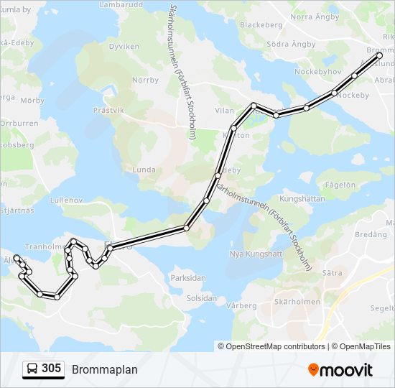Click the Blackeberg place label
(x=261, y=24)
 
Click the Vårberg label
(x=241, y=305)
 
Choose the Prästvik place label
(x=109, y=110)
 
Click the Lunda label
(x=144, y=170)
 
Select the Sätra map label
(x=332, y=273)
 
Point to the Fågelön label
(x=340, y=185)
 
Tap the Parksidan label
(x=188, y=278)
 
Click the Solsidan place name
(x=201, y=297)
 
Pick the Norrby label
(x=145, y=80)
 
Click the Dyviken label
(x=124, y=46)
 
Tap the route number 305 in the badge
(x=51, y=369)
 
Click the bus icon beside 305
(x=33, y=369)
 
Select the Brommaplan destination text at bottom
(x=104, y=369)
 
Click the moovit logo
(x=340, y=370)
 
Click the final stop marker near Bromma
(x=380, y=55)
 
